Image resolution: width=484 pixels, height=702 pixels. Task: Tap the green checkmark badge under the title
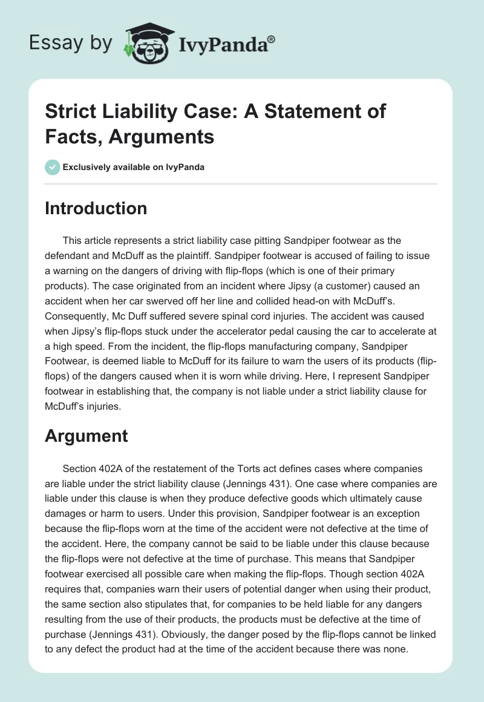[x=52, y=167]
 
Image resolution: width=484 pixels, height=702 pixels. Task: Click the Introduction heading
[x=96, y=208]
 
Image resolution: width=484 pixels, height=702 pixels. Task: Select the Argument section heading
[x=86, y=435]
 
